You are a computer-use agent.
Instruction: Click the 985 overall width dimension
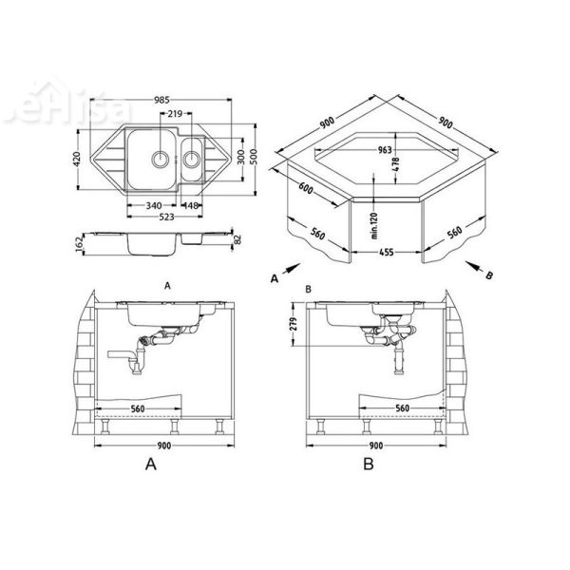(162, 100)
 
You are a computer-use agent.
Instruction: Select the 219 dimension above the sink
(175, 114)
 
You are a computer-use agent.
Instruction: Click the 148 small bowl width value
(190, 204)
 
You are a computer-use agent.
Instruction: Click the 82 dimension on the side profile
(237, 242)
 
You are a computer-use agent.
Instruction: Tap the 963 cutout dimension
(384, 149)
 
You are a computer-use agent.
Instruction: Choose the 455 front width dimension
(388, 256)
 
